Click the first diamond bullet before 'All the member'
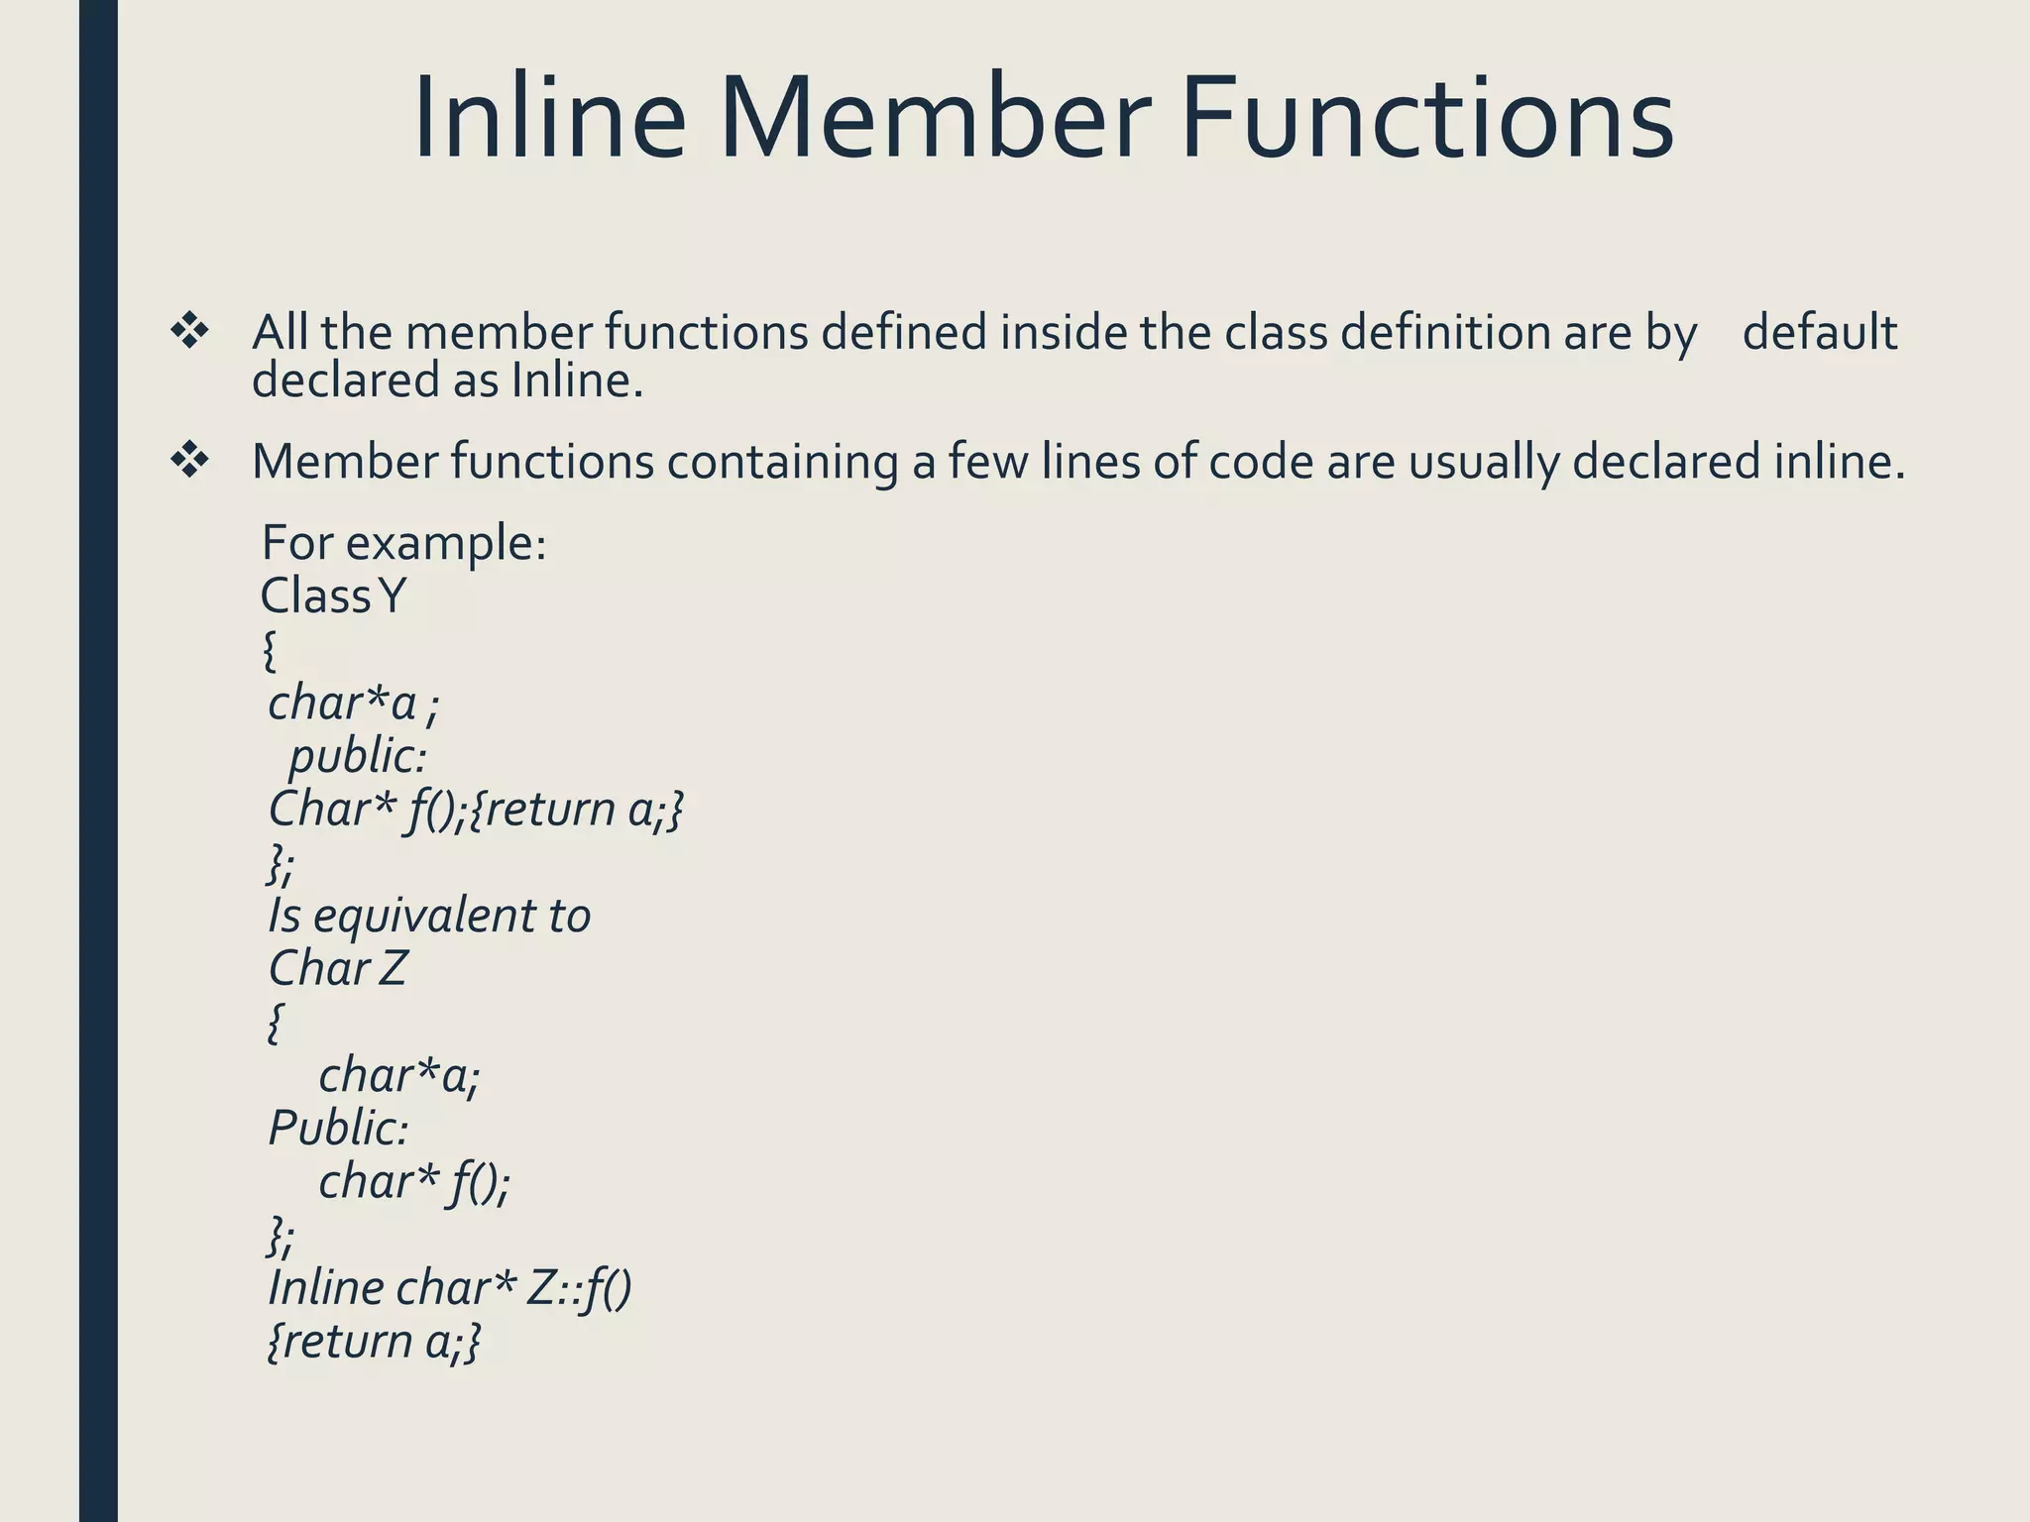pyautogui.click(x=189, y=332)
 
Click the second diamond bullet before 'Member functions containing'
pyautogui.click(x=189, y=461)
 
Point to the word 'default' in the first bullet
pyautogui.click(x=1819, y=332)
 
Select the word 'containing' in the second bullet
pyautogui.click(x=782, y=462)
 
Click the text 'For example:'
pyautogui.click(x=403, y=543)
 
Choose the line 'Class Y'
pyautogui.click(x=333, y=597)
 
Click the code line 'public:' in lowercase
pyautogui.click(x=358, y=757)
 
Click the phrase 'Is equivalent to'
pyautogui.click(x=429, y=916)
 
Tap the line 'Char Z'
pyautogui.click(x=337, y=968)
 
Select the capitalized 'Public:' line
pyautogui.click(x=338, y=1128)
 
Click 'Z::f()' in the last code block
pyautogui.click(x=579, y=1288)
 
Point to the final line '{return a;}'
pyautogui.click(x=375, y=1342)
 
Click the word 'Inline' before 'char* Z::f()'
pyautogui.click(x=326, y=1288)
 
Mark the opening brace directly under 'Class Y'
pyautogui.click(x=270, y=651)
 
